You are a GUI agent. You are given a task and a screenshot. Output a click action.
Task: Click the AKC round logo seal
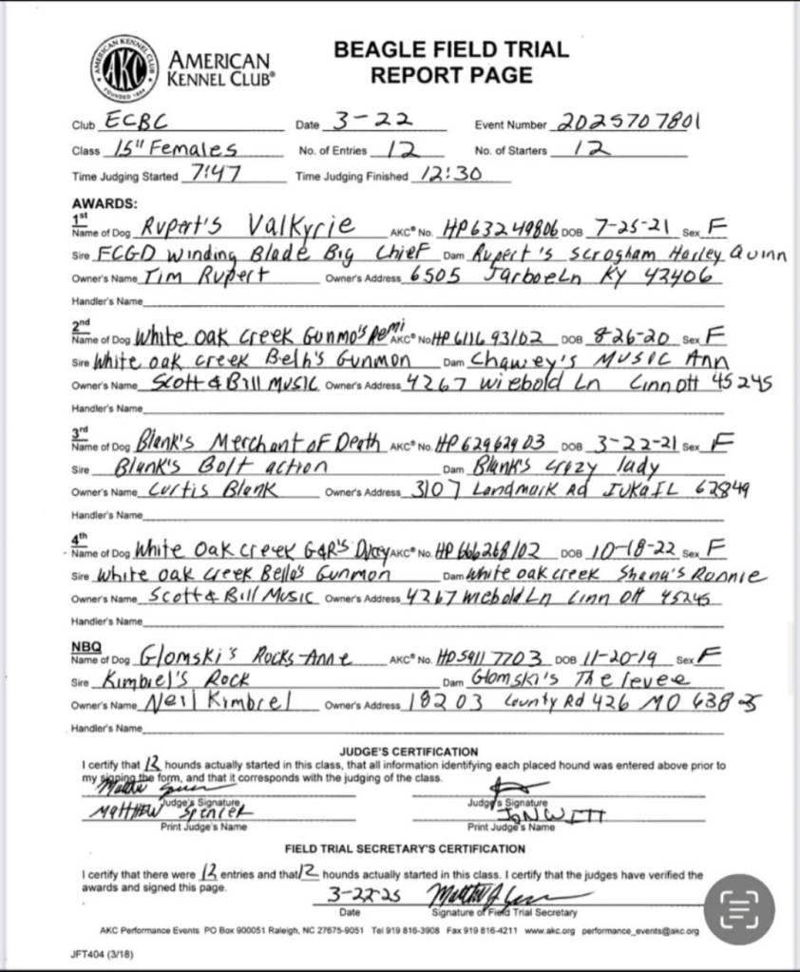[124, 67]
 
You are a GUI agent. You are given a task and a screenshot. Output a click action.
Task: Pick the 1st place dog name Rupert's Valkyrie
[246, 226]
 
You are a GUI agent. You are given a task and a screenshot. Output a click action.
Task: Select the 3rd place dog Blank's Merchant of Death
[257, 442]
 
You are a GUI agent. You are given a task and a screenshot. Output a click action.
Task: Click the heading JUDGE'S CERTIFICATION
[409, 752]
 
